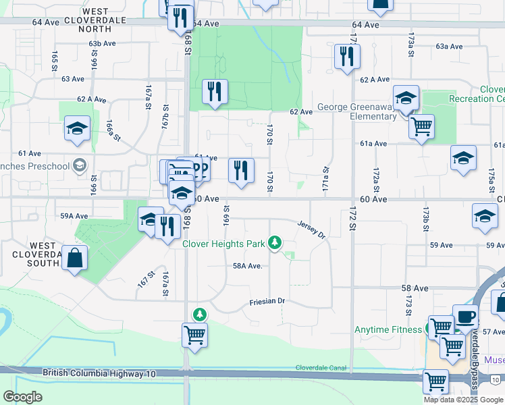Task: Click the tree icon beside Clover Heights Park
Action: coord(274,242)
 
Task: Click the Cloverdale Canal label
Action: coord(320,368)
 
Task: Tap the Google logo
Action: coord(22,397)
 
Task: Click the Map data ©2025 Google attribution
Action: coord(463,400)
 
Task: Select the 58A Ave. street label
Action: coord(247,266)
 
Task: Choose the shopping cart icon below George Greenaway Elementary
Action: coord(421,126)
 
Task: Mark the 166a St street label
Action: coord(112,130)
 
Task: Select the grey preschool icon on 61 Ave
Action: coord(80,165)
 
